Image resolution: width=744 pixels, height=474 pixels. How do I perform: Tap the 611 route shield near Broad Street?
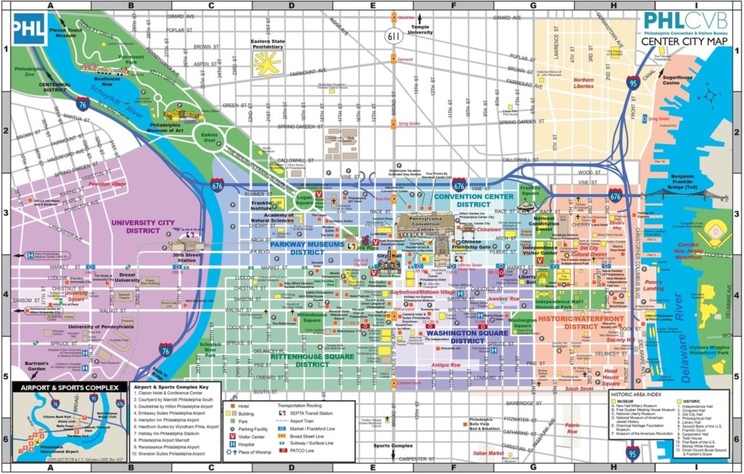(x=393, y=34)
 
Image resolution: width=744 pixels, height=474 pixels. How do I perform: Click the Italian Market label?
(x=488, y=453)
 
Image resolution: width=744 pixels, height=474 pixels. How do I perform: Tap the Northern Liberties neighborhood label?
(x=583, y=83)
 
